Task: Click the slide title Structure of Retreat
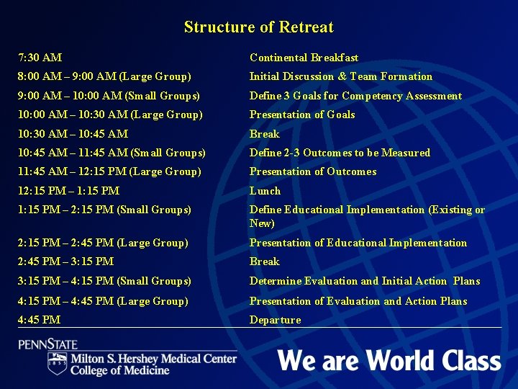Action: tap(258, 27)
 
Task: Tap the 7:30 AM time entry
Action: tap(40, 57)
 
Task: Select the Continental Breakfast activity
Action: tap(304, 58)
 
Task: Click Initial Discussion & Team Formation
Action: tap(340, 76)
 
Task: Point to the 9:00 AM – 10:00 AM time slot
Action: tap(109, 96)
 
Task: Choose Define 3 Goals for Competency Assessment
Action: tap(355, 96)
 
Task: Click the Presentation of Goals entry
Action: tap(301, 115)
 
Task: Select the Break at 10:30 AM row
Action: tap(264, 134)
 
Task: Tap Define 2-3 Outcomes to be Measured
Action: tap(340, 153)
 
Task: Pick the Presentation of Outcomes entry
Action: tap(312, 171)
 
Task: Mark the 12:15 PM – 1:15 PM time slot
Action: tap(69, 191)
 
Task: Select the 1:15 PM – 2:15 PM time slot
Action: tap(105, 210)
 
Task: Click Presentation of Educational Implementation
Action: tap(358, 243)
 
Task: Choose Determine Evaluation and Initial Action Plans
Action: tap(364, 281)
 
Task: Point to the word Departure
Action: tap(275, 320)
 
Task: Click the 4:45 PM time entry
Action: tap(40, 320)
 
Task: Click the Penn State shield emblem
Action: tap(57, 363)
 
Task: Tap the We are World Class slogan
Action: tap(388, 359)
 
